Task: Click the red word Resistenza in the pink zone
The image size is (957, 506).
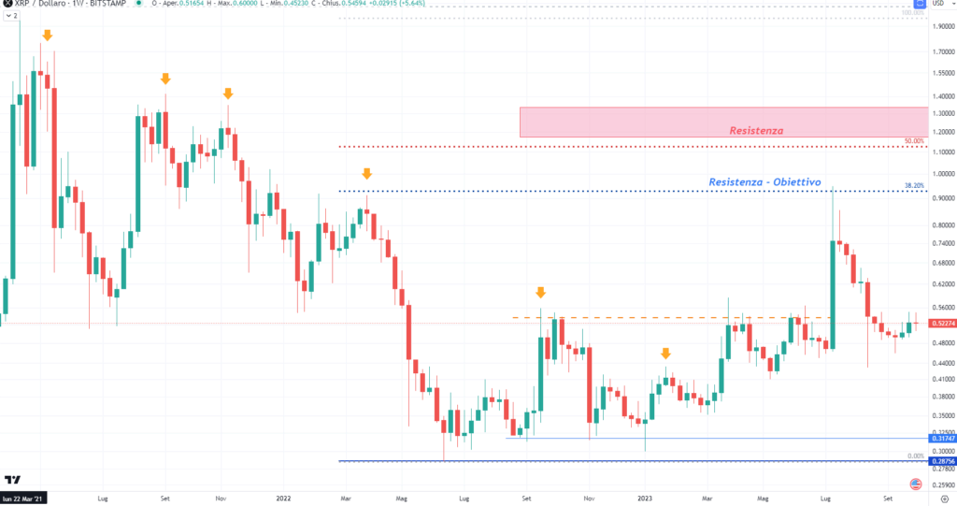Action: pyautogui.click(x=756, y=130)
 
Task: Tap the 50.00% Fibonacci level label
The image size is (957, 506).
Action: pyautogui.click(x=914, y=141)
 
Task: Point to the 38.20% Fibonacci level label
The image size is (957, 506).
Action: pyautogui.click(x=914, y=186)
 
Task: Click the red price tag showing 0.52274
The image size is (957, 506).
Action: pyautogui.click(x=941, y=324)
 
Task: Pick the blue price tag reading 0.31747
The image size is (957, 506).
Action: pyautogui.click(x=941, y=438)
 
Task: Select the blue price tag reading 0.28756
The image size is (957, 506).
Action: pyautogui.click(x=941, y=461)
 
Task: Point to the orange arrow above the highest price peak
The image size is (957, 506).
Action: pyautogui.click(x=47, y=35)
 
